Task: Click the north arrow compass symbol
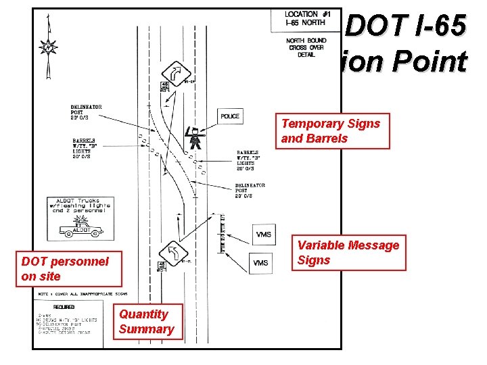click(47, 47)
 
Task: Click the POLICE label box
click(229, 116)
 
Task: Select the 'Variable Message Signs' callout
click(349, 252)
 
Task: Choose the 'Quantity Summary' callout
click(147, 321)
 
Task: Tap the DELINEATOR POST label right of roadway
click(250, 190)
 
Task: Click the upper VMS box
click(264, 234)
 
